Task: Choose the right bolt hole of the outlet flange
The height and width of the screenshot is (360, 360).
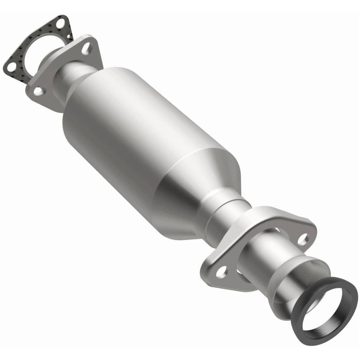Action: click(303, 238)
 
